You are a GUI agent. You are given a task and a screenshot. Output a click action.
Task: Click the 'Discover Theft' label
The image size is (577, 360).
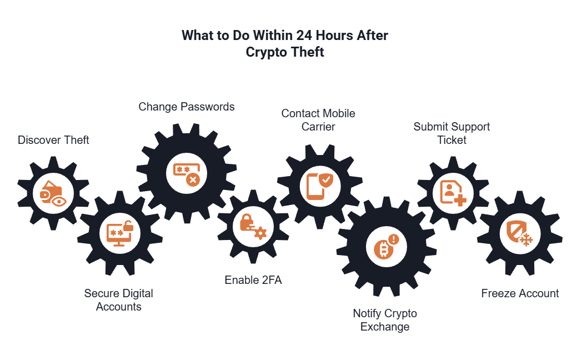point(53,140)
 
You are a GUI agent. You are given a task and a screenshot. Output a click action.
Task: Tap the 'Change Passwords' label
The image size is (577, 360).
point(187,107)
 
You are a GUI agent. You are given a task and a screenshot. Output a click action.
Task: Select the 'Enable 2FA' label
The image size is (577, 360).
point(253,280)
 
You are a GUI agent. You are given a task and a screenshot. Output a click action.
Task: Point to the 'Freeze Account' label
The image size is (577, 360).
point(520,293)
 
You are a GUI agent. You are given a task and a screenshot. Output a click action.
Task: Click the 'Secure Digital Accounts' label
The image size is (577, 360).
point(118,300)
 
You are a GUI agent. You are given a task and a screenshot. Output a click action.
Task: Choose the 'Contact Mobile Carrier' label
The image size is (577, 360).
point(318,120)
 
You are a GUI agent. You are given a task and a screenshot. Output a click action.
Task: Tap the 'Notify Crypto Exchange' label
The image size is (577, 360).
point(385,320)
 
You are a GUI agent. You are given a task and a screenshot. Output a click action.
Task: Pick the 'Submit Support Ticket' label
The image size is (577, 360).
point(451,133)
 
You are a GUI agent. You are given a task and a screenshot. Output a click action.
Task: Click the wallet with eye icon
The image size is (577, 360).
point(53,193)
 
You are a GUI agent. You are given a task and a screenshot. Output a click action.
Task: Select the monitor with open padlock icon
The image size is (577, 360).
point(120,233)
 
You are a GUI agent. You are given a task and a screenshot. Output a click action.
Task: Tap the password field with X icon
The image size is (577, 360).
point(187,173)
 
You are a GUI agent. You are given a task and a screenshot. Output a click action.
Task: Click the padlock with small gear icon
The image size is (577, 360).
point(253,227)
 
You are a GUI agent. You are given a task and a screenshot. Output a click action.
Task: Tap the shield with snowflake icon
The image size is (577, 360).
point(520,233)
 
